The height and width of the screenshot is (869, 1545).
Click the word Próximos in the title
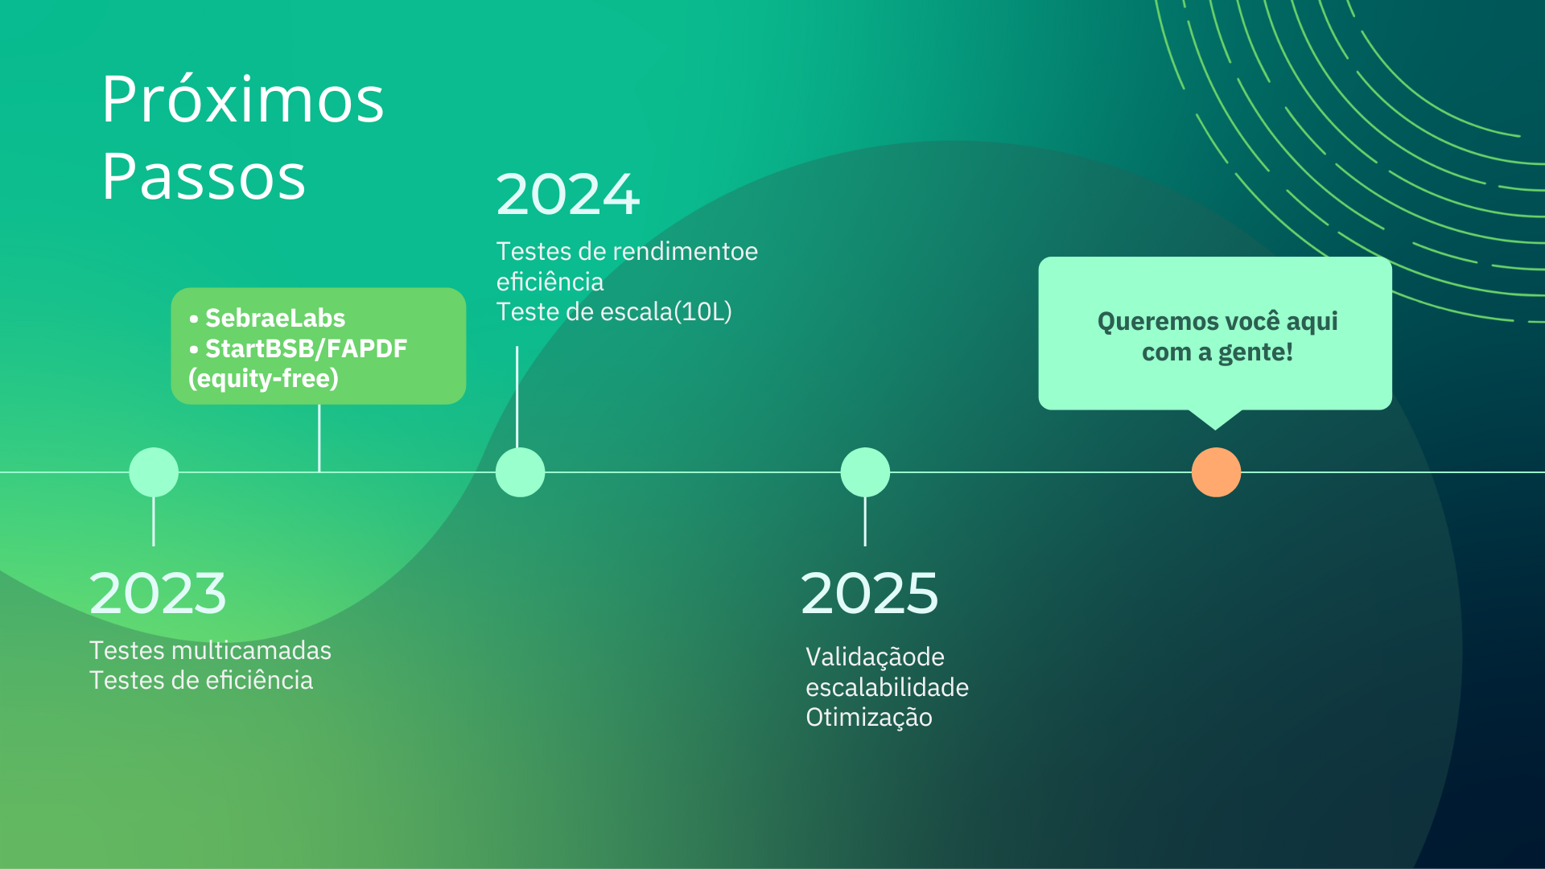(x=243, y=100)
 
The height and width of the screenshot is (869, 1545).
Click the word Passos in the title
(x=204, y=176)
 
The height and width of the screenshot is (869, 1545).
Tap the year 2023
(x=158, y=593)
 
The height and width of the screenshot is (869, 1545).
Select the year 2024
(x=568, y=195)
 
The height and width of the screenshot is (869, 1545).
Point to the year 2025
(x=870, y=593)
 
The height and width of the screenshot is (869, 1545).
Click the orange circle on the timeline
(x=1216, y=472)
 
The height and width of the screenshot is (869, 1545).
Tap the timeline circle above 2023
(x=154, y=472)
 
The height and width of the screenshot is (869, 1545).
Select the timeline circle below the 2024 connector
(x=520, y=472)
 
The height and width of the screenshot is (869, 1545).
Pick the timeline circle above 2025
(x=865, y=472)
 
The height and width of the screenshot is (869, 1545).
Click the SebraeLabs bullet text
(x=275, y=318)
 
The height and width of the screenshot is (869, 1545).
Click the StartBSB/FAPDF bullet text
(x=307, y=348)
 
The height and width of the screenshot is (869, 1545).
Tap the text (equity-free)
(x=263, y=378)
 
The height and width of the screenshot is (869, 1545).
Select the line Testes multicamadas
(x=210, y=650)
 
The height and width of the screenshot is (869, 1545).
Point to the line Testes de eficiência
(x=201, y=680)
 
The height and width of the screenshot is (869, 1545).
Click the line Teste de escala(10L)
(x=614, y=311)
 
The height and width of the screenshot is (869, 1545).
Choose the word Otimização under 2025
(x=869, y=717)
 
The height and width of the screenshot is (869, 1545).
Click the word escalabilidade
(x=887, y=687)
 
